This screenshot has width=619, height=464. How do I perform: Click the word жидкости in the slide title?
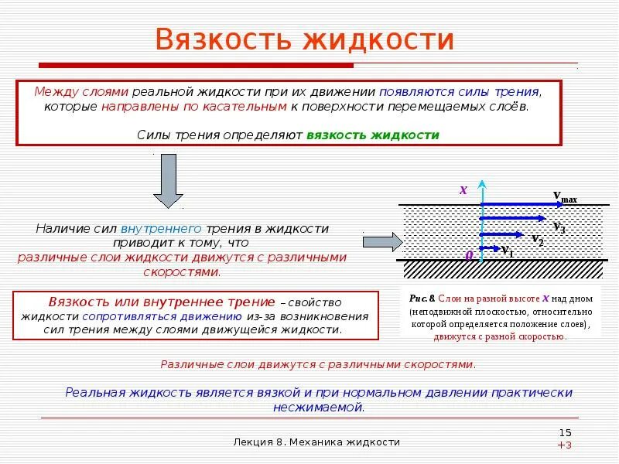coord(378,40)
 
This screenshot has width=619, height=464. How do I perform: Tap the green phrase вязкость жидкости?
coord(373,135)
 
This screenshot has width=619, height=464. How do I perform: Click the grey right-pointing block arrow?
coord(383,242)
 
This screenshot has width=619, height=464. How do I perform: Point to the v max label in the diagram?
coord(565,197)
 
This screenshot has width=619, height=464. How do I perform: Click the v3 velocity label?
coord(559,227)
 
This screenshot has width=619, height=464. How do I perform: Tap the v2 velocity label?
coord(537,241)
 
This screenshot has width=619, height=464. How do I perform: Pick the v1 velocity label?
coord(507,251)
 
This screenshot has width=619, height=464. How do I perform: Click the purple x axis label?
coord(463,189)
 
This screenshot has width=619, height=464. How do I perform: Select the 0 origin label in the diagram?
coord(468,254)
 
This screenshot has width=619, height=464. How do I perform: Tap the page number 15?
coord(565,432)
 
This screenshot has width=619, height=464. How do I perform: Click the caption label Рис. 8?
coord(422,297)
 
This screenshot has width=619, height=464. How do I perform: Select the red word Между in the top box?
coord(50,91)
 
